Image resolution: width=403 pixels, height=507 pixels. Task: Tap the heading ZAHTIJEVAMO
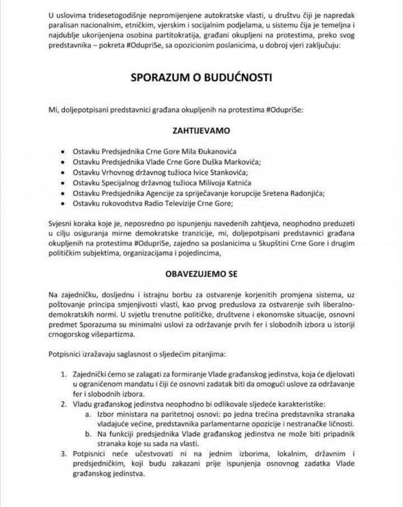[201, 131]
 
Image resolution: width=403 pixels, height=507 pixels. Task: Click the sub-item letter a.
[89, 414]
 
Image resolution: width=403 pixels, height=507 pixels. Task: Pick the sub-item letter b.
[89, 434]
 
